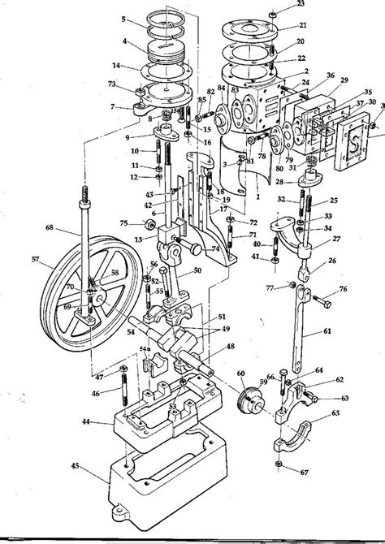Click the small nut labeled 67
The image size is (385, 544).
click(x=279, y=464)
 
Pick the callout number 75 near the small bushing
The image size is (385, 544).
click(x=123, y=223)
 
